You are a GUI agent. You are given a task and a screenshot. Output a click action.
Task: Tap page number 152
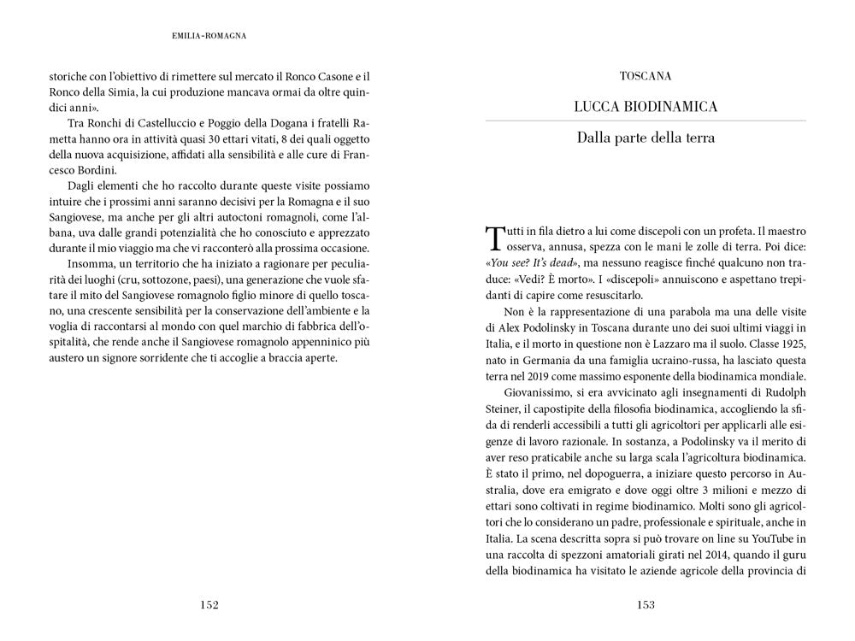pos(209,605)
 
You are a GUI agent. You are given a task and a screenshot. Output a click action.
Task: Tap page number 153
pos(646,605)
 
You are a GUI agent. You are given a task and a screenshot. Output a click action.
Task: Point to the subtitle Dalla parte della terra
pos(646,137)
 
